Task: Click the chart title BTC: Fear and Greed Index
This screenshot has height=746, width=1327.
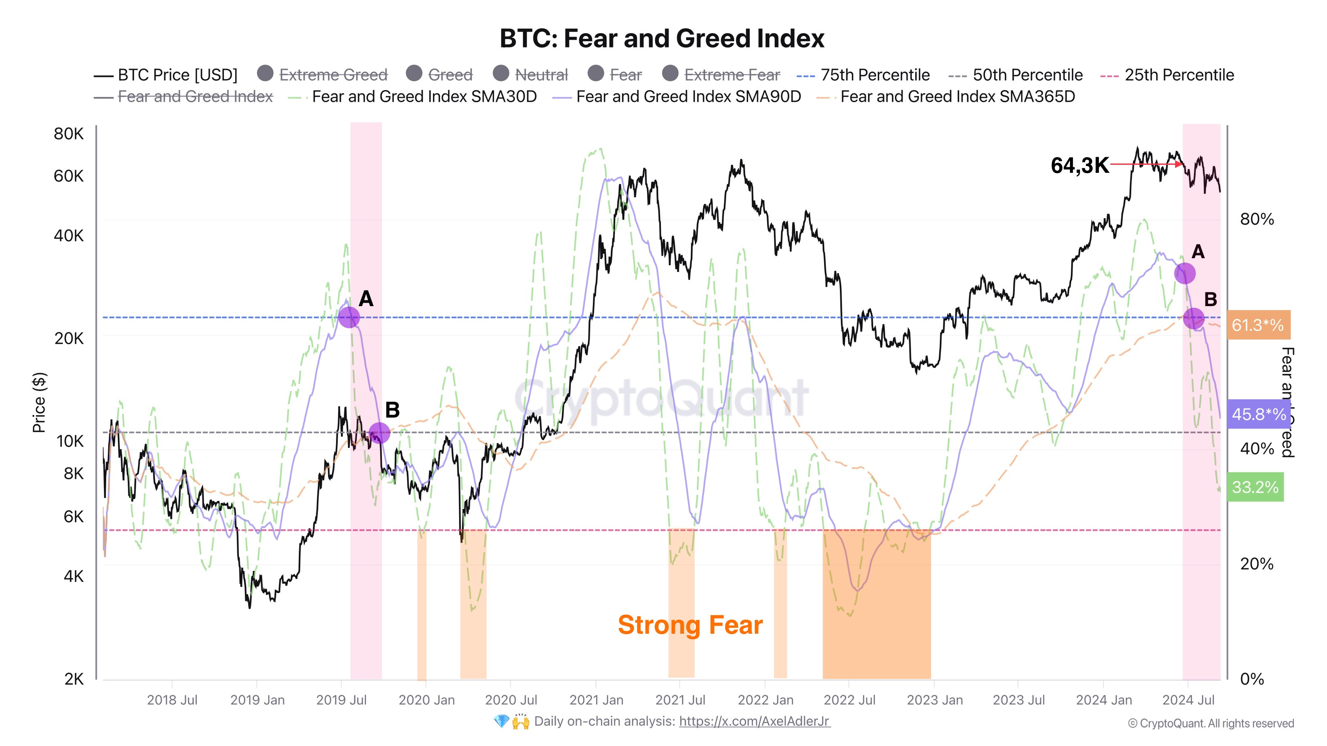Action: click(662, 39)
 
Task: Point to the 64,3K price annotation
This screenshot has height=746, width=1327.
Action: click(1079, 166)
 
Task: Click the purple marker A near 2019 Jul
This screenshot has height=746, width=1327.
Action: click(349, 317)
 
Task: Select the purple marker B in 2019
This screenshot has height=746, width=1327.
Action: click(379, 433)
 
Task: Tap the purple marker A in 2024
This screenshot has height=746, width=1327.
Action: click(1185, 273)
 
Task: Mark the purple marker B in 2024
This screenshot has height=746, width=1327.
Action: click(1194, 319)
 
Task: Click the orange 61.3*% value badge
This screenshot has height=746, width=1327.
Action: click(1258, 325)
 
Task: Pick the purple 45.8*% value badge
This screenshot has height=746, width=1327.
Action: click(1258, 414)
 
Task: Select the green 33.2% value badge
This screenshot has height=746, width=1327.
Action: click(1255, 487)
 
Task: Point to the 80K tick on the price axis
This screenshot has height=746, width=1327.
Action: click(69, 134)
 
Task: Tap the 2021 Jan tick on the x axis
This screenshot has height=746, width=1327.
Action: click(596, 700)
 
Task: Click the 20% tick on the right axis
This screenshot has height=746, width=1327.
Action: click(1256, 564)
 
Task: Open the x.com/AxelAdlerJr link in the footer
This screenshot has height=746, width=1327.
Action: click(754, 721)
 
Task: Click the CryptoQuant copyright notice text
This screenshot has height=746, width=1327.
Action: click(1210, 723)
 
